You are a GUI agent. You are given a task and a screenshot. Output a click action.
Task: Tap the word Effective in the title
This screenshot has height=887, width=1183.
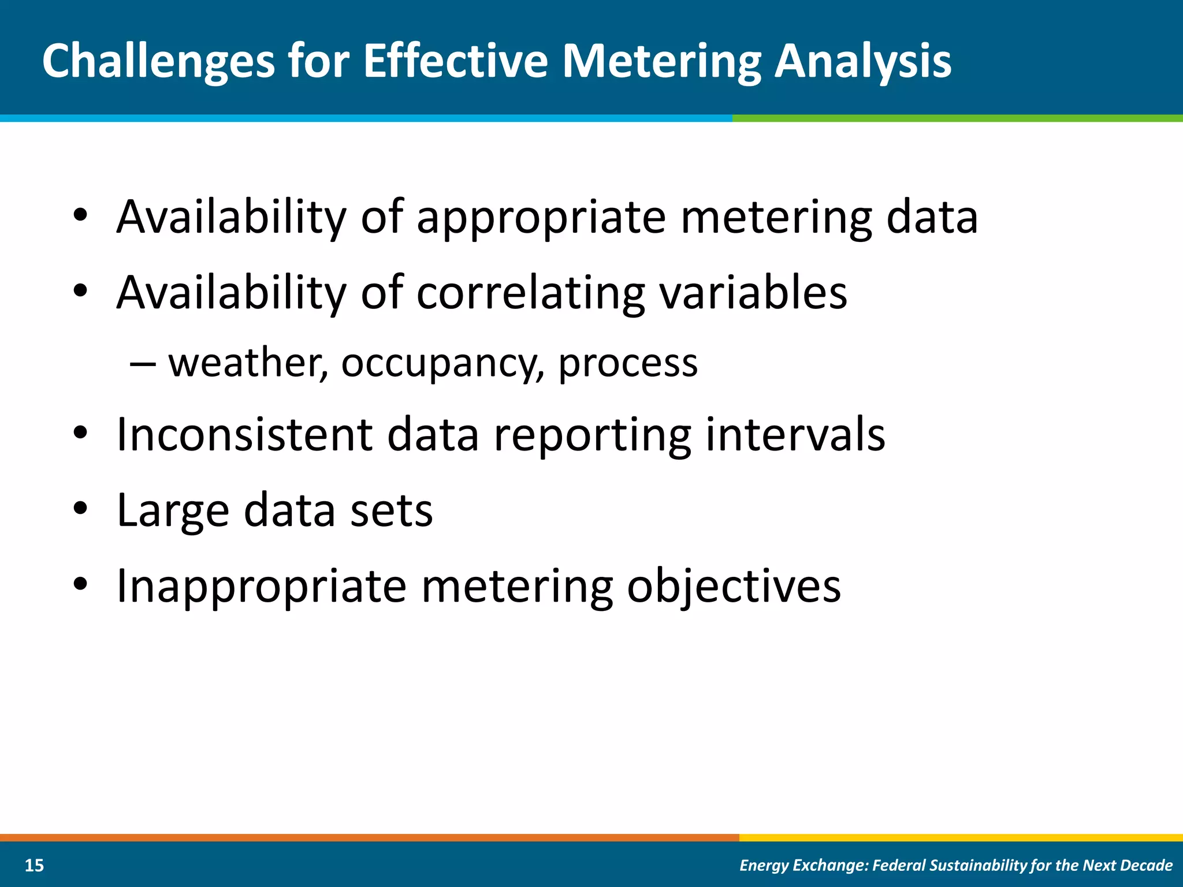click(x=455, y=61)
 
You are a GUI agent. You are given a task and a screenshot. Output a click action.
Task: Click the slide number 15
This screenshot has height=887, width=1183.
click(x=35, y=865)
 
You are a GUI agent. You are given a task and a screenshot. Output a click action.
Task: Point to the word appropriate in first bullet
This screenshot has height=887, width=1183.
click(x=541, y=218)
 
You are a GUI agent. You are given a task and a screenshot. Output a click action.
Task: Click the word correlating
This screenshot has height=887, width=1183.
click(x=530, y=293)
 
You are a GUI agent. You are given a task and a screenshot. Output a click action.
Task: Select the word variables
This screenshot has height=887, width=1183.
click(x=753, y=293)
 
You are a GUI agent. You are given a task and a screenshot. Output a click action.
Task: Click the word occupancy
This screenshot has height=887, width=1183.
click(x=442, y=364)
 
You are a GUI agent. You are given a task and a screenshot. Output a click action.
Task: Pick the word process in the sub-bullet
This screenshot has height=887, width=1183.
click(x=628, y=364)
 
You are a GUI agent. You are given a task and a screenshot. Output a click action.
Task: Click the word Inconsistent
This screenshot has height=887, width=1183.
click(x=244, y=434)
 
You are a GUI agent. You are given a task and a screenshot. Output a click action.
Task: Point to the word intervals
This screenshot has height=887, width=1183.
click(x=795, y=434)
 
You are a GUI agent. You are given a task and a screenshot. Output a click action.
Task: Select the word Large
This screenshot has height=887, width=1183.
click(x=173, y=510)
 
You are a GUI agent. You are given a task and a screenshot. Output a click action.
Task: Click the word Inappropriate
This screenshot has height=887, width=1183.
click(x=261, y=587)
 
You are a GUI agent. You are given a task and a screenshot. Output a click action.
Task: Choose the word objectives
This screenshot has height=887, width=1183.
click(x=734, y=587)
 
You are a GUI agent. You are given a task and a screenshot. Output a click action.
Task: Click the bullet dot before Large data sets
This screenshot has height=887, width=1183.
click(x=80, y=508)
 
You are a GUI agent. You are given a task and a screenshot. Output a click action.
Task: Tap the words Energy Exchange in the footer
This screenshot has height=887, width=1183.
click(x=804, y=865)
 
